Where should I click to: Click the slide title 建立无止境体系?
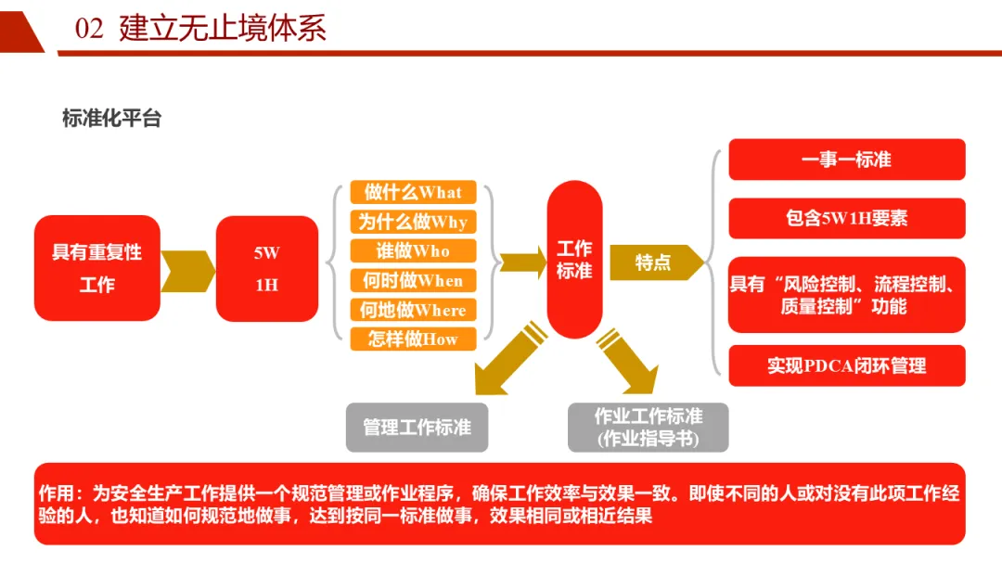coord(223,29)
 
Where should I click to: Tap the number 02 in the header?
coord(89,30)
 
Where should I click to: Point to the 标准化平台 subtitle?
coord(111,119)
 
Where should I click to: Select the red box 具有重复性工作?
coord(97,268)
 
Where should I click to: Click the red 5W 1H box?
coord(267,268)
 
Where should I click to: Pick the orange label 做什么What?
coord(413,193)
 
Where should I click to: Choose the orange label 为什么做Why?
coord(413,223)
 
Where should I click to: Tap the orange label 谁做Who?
coord(413,251)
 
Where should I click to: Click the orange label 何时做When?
coord(413,281)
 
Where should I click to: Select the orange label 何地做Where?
coord(413,310)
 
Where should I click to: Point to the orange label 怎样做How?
coord(413,339)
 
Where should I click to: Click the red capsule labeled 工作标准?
coord(574,260)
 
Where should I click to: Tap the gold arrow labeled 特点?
coord(654,262)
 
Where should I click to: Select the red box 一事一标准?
coord(846,160)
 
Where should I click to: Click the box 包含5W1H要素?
coord(846,218)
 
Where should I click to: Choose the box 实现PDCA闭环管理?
coord(846,365)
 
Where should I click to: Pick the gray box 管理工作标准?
coord(417,428)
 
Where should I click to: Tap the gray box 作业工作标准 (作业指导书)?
coord(648,427)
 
